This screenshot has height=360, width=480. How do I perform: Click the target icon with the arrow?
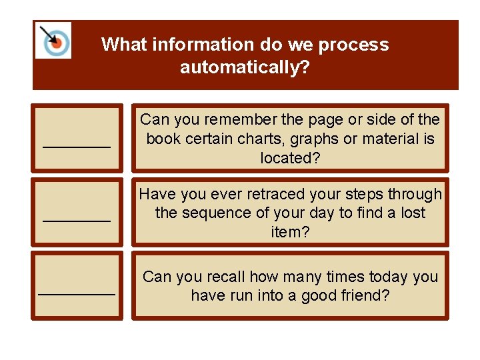[54, 41]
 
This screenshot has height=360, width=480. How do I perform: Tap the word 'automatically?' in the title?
[245, 67]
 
